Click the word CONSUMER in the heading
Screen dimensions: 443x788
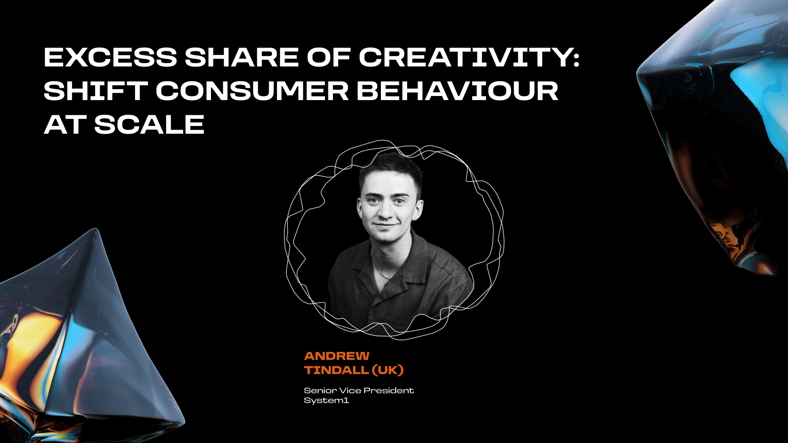(x=252, y=91)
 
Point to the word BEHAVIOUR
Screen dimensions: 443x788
(x=457, y=91)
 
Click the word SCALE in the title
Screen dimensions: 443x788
(x=149, y=124)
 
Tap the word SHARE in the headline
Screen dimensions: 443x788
(x=241, y=57)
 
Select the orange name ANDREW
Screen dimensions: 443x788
(x=337, y=356)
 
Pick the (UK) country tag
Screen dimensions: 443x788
(x=388, y=370)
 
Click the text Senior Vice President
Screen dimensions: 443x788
(x=359, y=390)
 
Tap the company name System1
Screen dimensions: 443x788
(x=326, y=400)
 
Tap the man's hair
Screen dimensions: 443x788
(x=390, y=168)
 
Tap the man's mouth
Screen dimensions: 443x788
(x=386, y=225)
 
